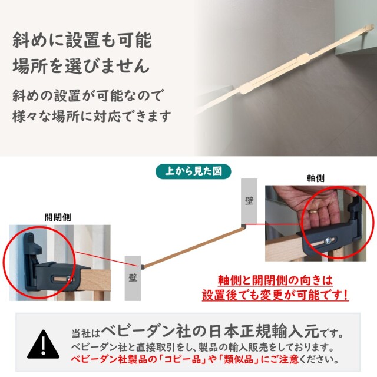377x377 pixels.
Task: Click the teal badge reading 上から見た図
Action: pos(193,171)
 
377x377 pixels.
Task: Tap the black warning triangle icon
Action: pos(43,345)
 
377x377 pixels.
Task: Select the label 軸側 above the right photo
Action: pos(316,178)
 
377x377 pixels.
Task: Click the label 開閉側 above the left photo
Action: pos(58,217)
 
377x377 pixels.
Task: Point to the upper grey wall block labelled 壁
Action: pos(249,201)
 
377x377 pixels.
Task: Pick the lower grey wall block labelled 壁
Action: pos(133,278)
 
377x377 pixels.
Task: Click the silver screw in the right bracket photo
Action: pos(328,241)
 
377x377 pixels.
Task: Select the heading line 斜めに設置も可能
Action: pos(82,39)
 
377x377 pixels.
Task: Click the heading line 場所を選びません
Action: pos(81,65)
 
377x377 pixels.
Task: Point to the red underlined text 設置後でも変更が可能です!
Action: pos(275,295)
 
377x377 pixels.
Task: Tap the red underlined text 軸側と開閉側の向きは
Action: pos(275,280)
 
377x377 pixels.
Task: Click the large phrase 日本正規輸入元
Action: pos(264,331)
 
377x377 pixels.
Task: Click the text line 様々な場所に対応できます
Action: pos(92,117)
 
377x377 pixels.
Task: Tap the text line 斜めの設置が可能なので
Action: pos(88,95)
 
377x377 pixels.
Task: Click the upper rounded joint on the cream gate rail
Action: pos(304,58)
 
